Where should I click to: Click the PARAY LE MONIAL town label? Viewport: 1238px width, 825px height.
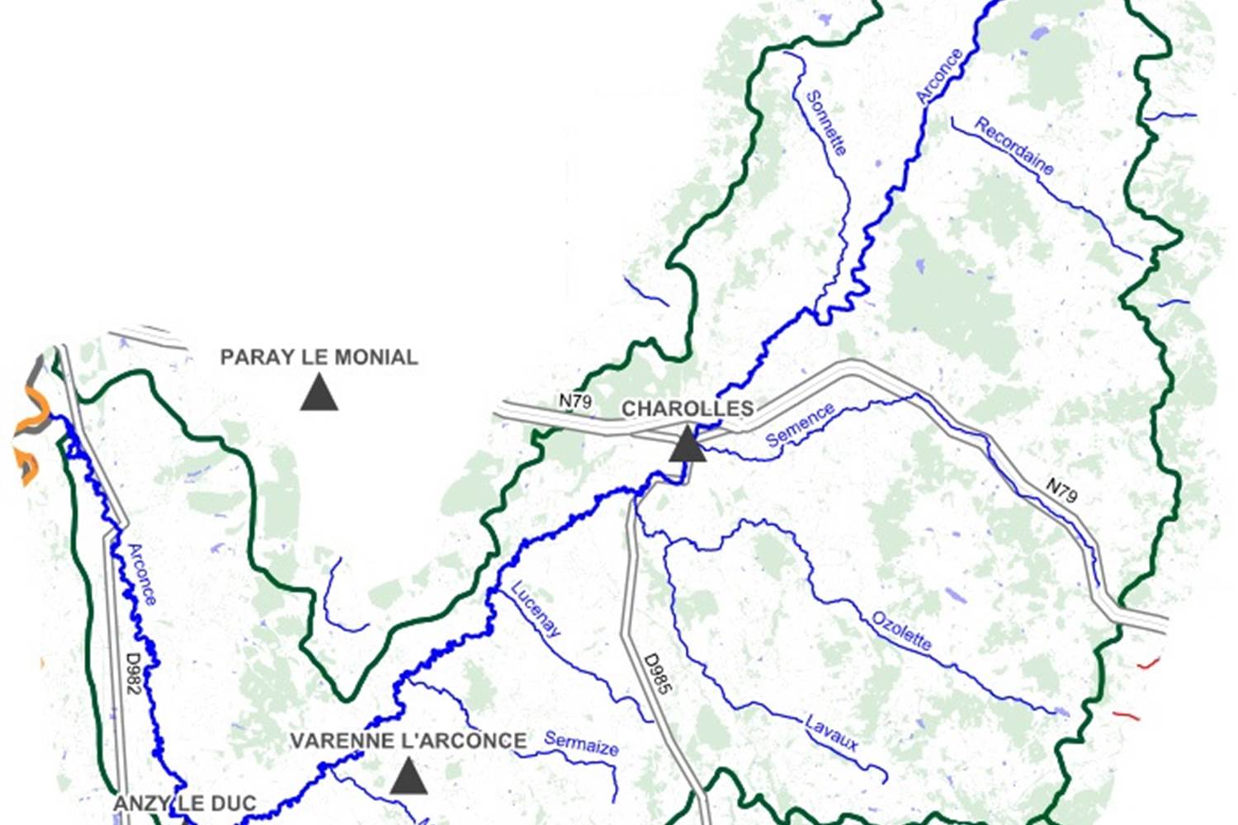click(x=319, y=357)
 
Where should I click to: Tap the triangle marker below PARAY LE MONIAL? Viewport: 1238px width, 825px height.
click(x=319, y=393)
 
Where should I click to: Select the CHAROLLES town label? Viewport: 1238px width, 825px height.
click(x=687, y=408)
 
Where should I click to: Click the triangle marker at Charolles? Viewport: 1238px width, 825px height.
click(x=687, y=445)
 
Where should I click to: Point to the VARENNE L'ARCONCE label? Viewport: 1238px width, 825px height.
click(x=409, y=741)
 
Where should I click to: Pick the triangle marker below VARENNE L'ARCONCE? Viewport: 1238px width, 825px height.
click(x=408, y=778)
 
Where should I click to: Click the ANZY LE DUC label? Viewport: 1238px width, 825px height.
click(x=184, y=804)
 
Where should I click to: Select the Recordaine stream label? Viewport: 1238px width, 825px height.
click(x=1014, y=146)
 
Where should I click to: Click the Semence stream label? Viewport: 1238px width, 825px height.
click(x=799, y=425)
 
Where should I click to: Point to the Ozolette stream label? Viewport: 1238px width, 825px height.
click(x=901, y=630)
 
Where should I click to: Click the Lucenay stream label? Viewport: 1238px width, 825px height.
click(x=536, y=609)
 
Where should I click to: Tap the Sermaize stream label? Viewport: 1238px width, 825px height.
click(x=581, y=743)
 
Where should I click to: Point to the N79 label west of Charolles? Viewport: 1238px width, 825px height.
click(x=575, y=402)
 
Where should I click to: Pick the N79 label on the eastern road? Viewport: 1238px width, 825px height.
click(x=1061, y=491)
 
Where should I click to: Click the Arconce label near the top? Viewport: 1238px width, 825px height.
click(x=939, y=76)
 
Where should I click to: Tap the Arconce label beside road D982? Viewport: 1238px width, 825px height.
click(x=141, y=574)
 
